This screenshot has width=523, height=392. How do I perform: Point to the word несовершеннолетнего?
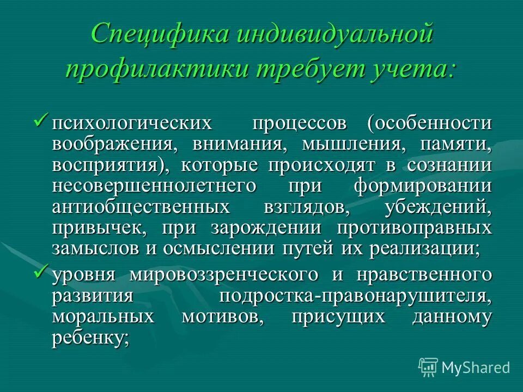[154, 186]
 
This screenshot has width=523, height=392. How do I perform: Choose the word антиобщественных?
[141, 207]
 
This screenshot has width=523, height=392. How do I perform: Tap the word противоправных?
[410, 228]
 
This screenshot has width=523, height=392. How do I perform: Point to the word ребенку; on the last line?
[92, 338]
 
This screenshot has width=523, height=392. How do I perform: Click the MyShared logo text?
[476, 367]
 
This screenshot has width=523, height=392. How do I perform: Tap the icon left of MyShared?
[428, 367]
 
